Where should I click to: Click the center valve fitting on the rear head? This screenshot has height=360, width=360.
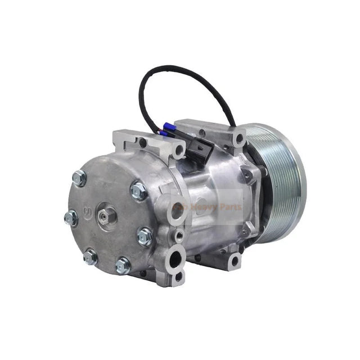(x=107, y=214)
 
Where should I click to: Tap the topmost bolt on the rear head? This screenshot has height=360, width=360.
(x=79, y=178)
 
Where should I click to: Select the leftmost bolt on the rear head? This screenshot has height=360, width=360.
(x=71, y=218)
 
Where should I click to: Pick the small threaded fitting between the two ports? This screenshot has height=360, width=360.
(x=179, y=233)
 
